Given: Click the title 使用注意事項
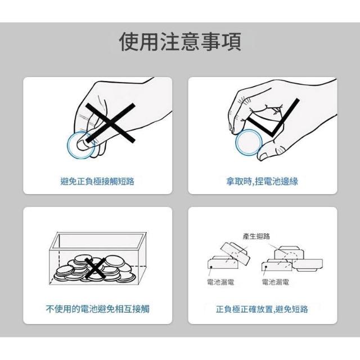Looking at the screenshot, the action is [180, 42].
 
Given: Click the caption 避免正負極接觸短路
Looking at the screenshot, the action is [97, 181].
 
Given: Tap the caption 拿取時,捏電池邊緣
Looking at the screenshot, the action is [262, 181].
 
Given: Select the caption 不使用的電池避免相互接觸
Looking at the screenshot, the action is [97, 309].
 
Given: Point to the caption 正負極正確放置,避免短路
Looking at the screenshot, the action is [262, 309].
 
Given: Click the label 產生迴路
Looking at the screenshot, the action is [256, 236].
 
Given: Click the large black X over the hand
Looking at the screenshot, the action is [110, 123].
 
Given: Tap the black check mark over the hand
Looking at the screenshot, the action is [273, 118].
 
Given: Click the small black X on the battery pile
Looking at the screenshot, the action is [94, 268].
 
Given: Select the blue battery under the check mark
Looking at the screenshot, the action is [249, 142].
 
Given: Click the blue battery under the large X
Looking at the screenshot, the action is [80, 145].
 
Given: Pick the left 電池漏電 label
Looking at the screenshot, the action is [220, 282].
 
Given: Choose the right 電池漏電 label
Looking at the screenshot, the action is [276, 282].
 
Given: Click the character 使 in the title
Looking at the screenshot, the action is [129, 42].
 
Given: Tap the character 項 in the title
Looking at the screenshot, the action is [232, 42].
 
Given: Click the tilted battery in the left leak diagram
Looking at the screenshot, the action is [235, 254].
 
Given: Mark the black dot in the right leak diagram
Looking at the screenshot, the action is [265, 267].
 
